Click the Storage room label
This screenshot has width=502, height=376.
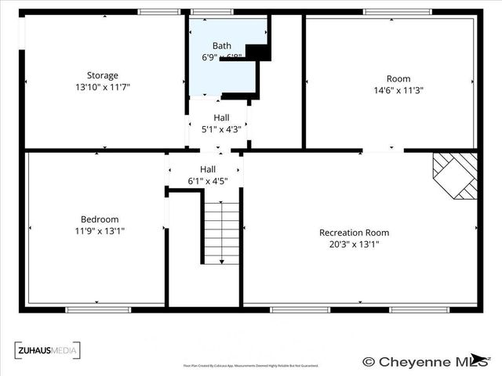(103, 75)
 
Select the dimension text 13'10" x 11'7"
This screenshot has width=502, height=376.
(103, 87)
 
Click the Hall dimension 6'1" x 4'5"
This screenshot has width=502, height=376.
(207, 181)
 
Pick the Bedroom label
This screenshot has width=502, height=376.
(100, 219)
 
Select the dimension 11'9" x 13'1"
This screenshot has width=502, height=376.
(100, 231)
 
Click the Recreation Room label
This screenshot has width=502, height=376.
(354, 233)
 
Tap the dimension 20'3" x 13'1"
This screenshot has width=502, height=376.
(354, 244)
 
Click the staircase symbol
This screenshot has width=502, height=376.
(222, 233)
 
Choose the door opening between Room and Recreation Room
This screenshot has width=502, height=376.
(384, 150)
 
